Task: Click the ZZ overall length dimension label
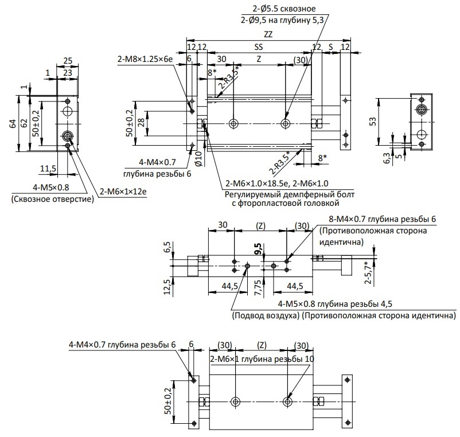point(268,34)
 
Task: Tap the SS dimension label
point(259,47)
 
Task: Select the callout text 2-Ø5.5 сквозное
point(284,9)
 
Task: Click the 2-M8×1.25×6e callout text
point(145,59)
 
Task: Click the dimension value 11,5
point(48,169)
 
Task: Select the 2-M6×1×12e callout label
point(123,192)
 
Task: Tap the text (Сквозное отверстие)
point(53,200)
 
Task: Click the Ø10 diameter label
point(198,159)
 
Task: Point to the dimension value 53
point(372,121)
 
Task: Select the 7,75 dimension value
point(258,288)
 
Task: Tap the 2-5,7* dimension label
point(368,272)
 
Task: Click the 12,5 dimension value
point(167,287)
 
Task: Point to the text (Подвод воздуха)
point(266,315)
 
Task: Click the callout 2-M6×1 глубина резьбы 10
point(262,358)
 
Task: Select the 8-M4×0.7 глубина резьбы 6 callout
point(382,219)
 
